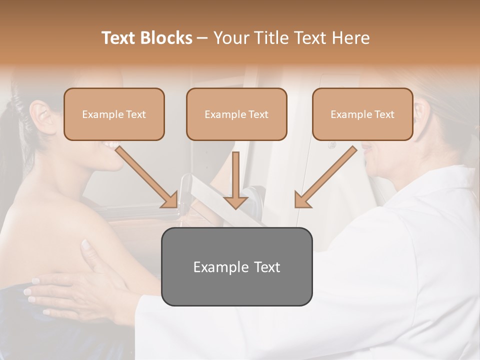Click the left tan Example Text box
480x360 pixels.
pyautogui.click(x=114, y=114)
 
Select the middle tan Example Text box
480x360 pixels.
pyautogui.click(x=236, y=114)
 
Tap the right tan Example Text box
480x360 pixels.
pyautogui.click(x=362, y=114)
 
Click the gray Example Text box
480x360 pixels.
pyautogui.click(x=236, y=266)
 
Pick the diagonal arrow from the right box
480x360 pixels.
pyautogui.click(x=325, y=177)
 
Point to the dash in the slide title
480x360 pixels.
pyautogui.click(x=202, y=38)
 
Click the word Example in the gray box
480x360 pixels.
pyautogui.click(x=217, y=267)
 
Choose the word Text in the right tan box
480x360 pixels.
pyautogui.click(x=384, y=114)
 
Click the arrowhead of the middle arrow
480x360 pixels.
pyautogui.click(x=235, y=201)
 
